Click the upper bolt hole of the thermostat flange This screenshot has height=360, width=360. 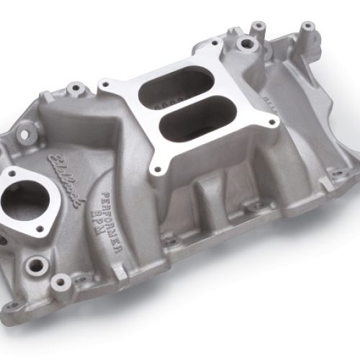(15, 172)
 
